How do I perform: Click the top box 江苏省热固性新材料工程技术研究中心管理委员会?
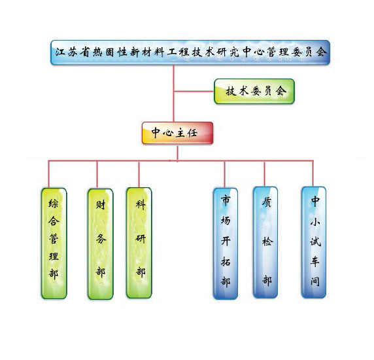[190, 52]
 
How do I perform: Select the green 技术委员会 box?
[254, 91]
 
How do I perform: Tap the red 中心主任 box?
[177, 133]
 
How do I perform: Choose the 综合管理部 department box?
[54, 243]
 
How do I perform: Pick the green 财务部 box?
[101, 243]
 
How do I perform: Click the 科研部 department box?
[139, 243]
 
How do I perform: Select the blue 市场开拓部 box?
[226, 243]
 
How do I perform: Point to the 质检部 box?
[265, 242]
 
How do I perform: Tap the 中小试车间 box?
[314, 242]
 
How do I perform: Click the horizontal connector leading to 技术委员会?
[194, 91]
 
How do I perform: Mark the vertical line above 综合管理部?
[48, 174]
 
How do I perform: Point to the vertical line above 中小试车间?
[313, 173]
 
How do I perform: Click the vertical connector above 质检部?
[265, 174]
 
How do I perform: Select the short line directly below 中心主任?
[177, 153]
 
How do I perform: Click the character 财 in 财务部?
[101, 205]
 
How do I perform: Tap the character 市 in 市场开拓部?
[226, 200]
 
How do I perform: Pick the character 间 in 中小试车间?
[315, 281]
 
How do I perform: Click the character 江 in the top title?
[60, 52]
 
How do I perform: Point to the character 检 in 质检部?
[267, 242]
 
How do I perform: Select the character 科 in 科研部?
[141, 205]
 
